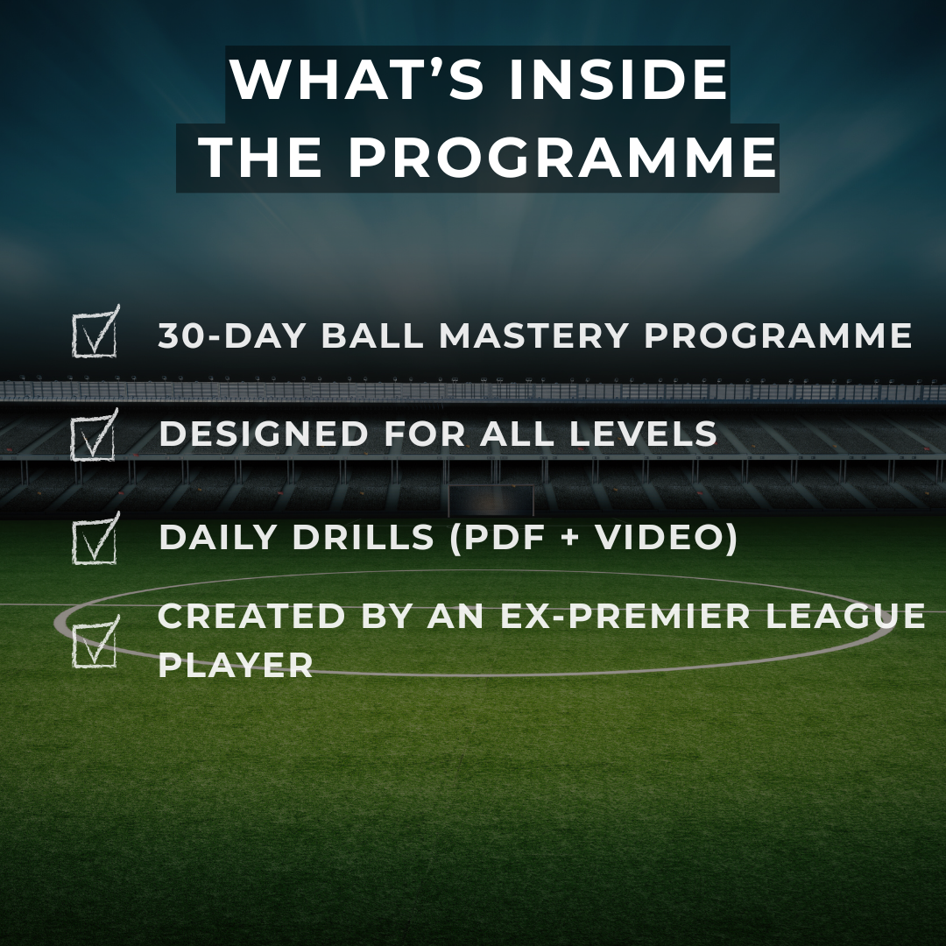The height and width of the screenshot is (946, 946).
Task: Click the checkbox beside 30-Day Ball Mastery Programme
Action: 95,334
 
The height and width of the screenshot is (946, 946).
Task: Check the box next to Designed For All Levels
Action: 94,435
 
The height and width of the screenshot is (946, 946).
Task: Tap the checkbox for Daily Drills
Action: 95,539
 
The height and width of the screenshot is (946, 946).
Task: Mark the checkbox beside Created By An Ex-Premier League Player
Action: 95,642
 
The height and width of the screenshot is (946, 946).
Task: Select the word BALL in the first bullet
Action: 379,336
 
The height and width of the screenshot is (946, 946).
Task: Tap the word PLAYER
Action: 236,665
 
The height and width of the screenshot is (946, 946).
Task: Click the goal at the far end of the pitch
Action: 491,500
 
